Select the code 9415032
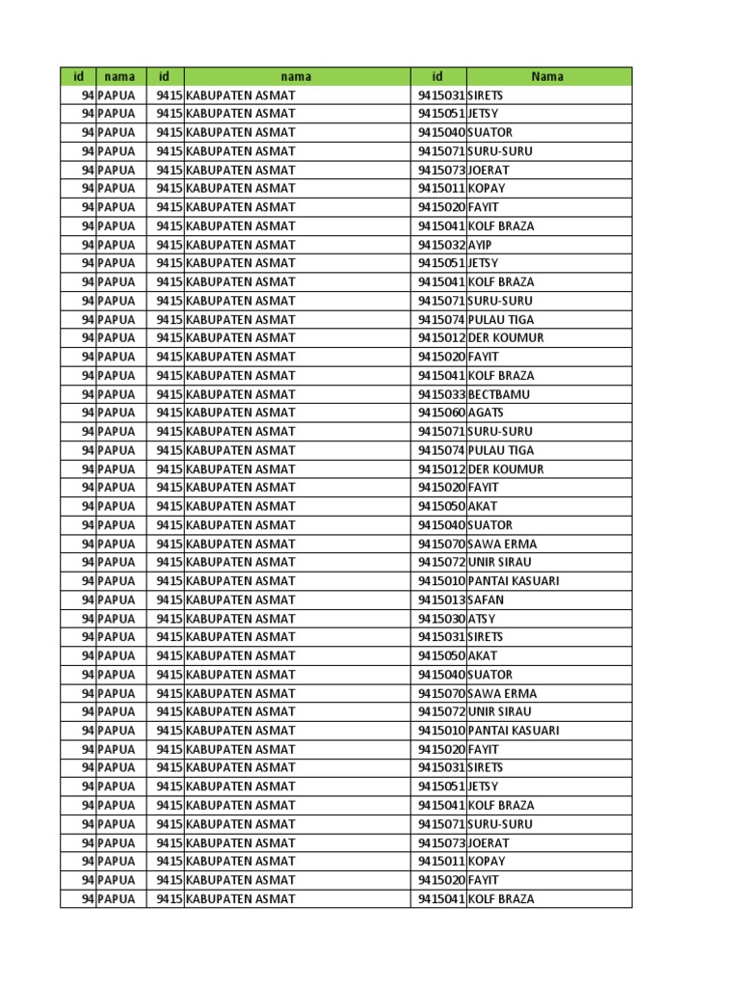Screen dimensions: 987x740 (x=441, y=245)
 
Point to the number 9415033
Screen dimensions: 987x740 (x=441, y=394)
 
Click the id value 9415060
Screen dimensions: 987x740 (x=441, y=413)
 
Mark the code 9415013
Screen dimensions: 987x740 (x=441, y=600)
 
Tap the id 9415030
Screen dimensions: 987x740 (x=441, y=619)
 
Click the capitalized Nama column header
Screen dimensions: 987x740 (x=547, y=76)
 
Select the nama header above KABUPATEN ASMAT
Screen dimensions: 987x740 (x=296, y=76)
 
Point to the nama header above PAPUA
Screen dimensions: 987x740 (x=119, y=76)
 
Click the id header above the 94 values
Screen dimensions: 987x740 (x=78, y=76)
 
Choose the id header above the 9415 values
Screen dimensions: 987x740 (x=165, y=76)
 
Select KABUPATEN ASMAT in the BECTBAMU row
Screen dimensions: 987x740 (x=241, y=394)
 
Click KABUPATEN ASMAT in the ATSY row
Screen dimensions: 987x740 (x=241, y=619)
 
